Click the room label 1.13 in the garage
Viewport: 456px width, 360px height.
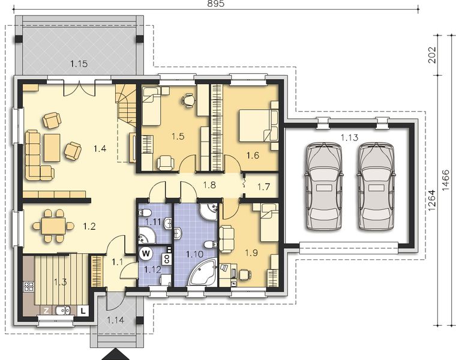point(349,138)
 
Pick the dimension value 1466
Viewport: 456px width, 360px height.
point(448,179)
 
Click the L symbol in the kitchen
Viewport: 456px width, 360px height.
point(82,310)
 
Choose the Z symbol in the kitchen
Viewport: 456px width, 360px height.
point(46,310)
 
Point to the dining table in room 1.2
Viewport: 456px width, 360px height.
point(53,226)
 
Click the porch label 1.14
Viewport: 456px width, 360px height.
point(116,320)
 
